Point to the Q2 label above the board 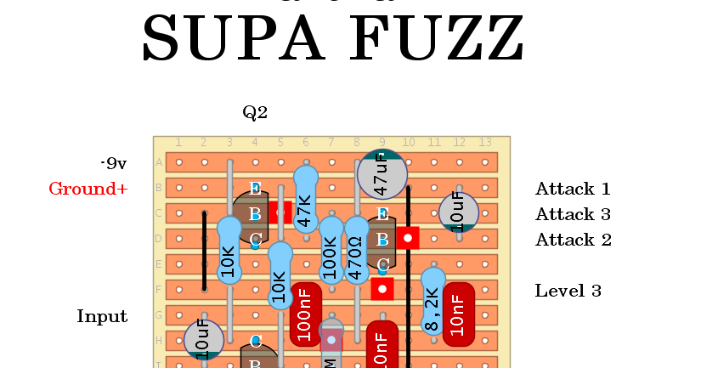coord(255,112)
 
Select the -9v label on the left coord(113,163)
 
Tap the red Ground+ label coord(88,189)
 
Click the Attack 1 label coord(573,189)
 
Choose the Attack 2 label coord(573,240)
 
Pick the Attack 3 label coord(573,214)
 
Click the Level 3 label coord(568,291)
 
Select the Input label coord(102,316)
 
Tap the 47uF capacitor coord(382,174)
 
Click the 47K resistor coord(306,200)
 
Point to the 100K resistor coord(331,251)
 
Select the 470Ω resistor coord(357,251)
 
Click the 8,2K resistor coord(433,302)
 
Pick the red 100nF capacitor coord(306,314)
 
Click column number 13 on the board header coord(485,142)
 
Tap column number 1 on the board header coord(178,142)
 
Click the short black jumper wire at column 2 coord(204,251)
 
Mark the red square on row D coord(408,238)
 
